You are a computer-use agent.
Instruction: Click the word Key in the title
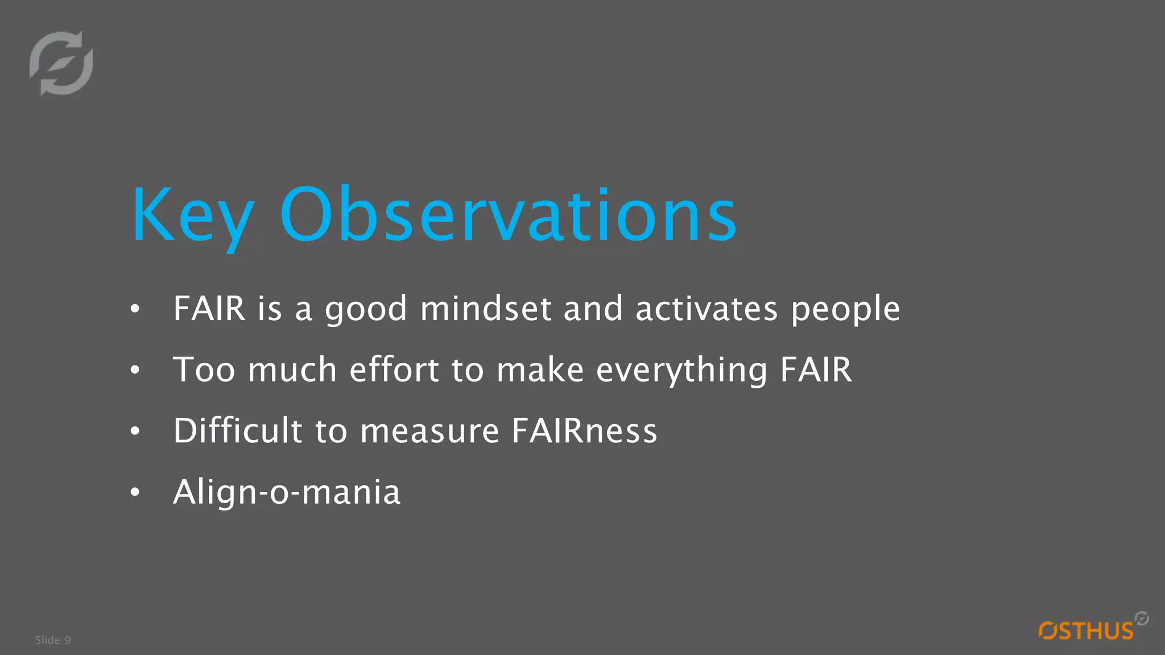[x=192, y=216]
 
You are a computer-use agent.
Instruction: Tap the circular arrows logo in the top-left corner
[x=61, y=63]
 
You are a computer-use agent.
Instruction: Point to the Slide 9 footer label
[x=53, y=640]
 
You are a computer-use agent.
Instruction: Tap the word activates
[x=706, y=309]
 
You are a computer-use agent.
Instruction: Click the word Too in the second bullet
[x=204, y=370]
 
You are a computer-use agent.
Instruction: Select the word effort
[x=394, y=370]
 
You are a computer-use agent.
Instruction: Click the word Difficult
[x=237, y=430]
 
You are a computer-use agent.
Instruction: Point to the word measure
[x=429, y=431]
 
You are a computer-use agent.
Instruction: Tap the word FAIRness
[x=584, y=430]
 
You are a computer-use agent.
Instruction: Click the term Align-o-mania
[x=287, y=492]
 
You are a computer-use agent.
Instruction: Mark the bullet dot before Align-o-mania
[x=135, y=492]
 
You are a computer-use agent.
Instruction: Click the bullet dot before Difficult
[x=135, y=431]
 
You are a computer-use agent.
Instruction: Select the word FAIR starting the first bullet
[x=209, y=309]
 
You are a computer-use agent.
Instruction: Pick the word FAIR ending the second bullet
[x=816, y=370]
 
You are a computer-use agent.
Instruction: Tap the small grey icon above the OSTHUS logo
[x=1142, y=618]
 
